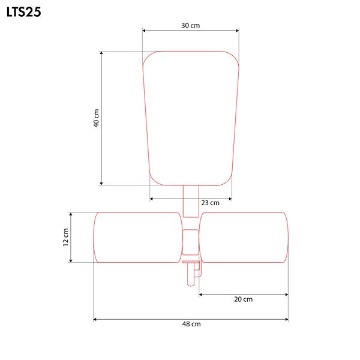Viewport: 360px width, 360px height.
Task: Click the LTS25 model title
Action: pyautogui.click(x=24, y=12)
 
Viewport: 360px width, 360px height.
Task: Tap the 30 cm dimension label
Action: pyautogui.click(x=191, y=25)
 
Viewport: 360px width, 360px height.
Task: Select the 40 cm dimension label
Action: pyautogui.click(x=97, y=118)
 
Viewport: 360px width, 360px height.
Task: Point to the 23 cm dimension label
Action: pyautogui.click(x=211, y=203)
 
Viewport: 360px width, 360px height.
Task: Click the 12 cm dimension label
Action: pyautogui.click(x=65, y=238)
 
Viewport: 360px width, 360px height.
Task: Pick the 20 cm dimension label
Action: pyautogui.click(x=244, y=299)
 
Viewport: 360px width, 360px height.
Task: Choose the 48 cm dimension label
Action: pyautogui.click(x=191, y=324)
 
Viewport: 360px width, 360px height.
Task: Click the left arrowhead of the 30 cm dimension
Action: pyautogui.click(x=144, y=31)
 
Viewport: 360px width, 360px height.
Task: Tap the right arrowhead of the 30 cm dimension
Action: pyautogui.click(x=237, y=31)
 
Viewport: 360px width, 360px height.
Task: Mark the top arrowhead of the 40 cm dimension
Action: pyautogui.click(x=101, y=53)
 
